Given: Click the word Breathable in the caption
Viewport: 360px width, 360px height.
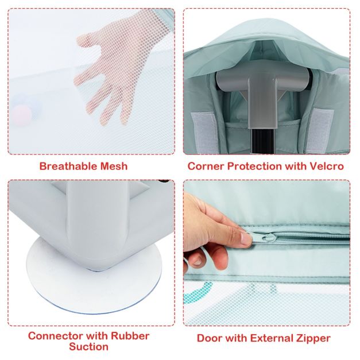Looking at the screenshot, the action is click(67, 166).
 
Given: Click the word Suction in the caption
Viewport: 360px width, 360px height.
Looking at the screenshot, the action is click(88, 346).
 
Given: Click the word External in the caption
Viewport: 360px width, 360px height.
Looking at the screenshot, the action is click(270, 338).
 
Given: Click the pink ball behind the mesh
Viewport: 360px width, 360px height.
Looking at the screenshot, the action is click(22, 114).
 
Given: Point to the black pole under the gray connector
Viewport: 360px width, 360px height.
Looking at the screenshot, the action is click(262, 141).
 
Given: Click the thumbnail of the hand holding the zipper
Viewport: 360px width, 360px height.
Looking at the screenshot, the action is click(246, 238).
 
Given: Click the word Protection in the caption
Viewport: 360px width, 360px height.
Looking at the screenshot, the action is click(254, 166).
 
